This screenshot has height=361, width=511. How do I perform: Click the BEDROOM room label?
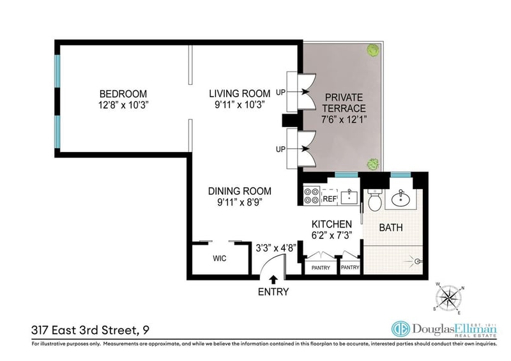(x=123, y=94)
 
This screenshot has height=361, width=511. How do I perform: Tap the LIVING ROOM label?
(x=240, y=93)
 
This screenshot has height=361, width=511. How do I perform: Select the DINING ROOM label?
(x=240, y=191)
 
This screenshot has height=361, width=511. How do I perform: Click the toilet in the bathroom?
(x=375, y=199)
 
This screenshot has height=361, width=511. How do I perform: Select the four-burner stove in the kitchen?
(x=311, y=196)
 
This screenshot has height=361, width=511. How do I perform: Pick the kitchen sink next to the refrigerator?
(x=349, y=197)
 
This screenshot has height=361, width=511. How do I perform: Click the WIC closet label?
(x=219, y=259)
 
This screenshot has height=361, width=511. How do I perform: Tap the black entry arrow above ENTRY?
(x=273, y=280)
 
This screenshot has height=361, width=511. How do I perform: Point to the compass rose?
(x=449, y=298)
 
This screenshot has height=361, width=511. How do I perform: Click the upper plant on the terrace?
(x=373, y=50)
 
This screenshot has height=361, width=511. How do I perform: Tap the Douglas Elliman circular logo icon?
(x=400, y=328)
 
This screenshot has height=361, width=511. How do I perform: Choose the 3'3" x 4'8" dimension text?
(x=276, y=249)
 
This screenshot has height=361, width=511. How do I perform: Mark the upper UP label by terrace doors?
(x=280, y=92)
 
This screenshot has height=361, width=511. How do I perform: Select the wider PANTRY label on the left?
(x=321, y=268)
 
